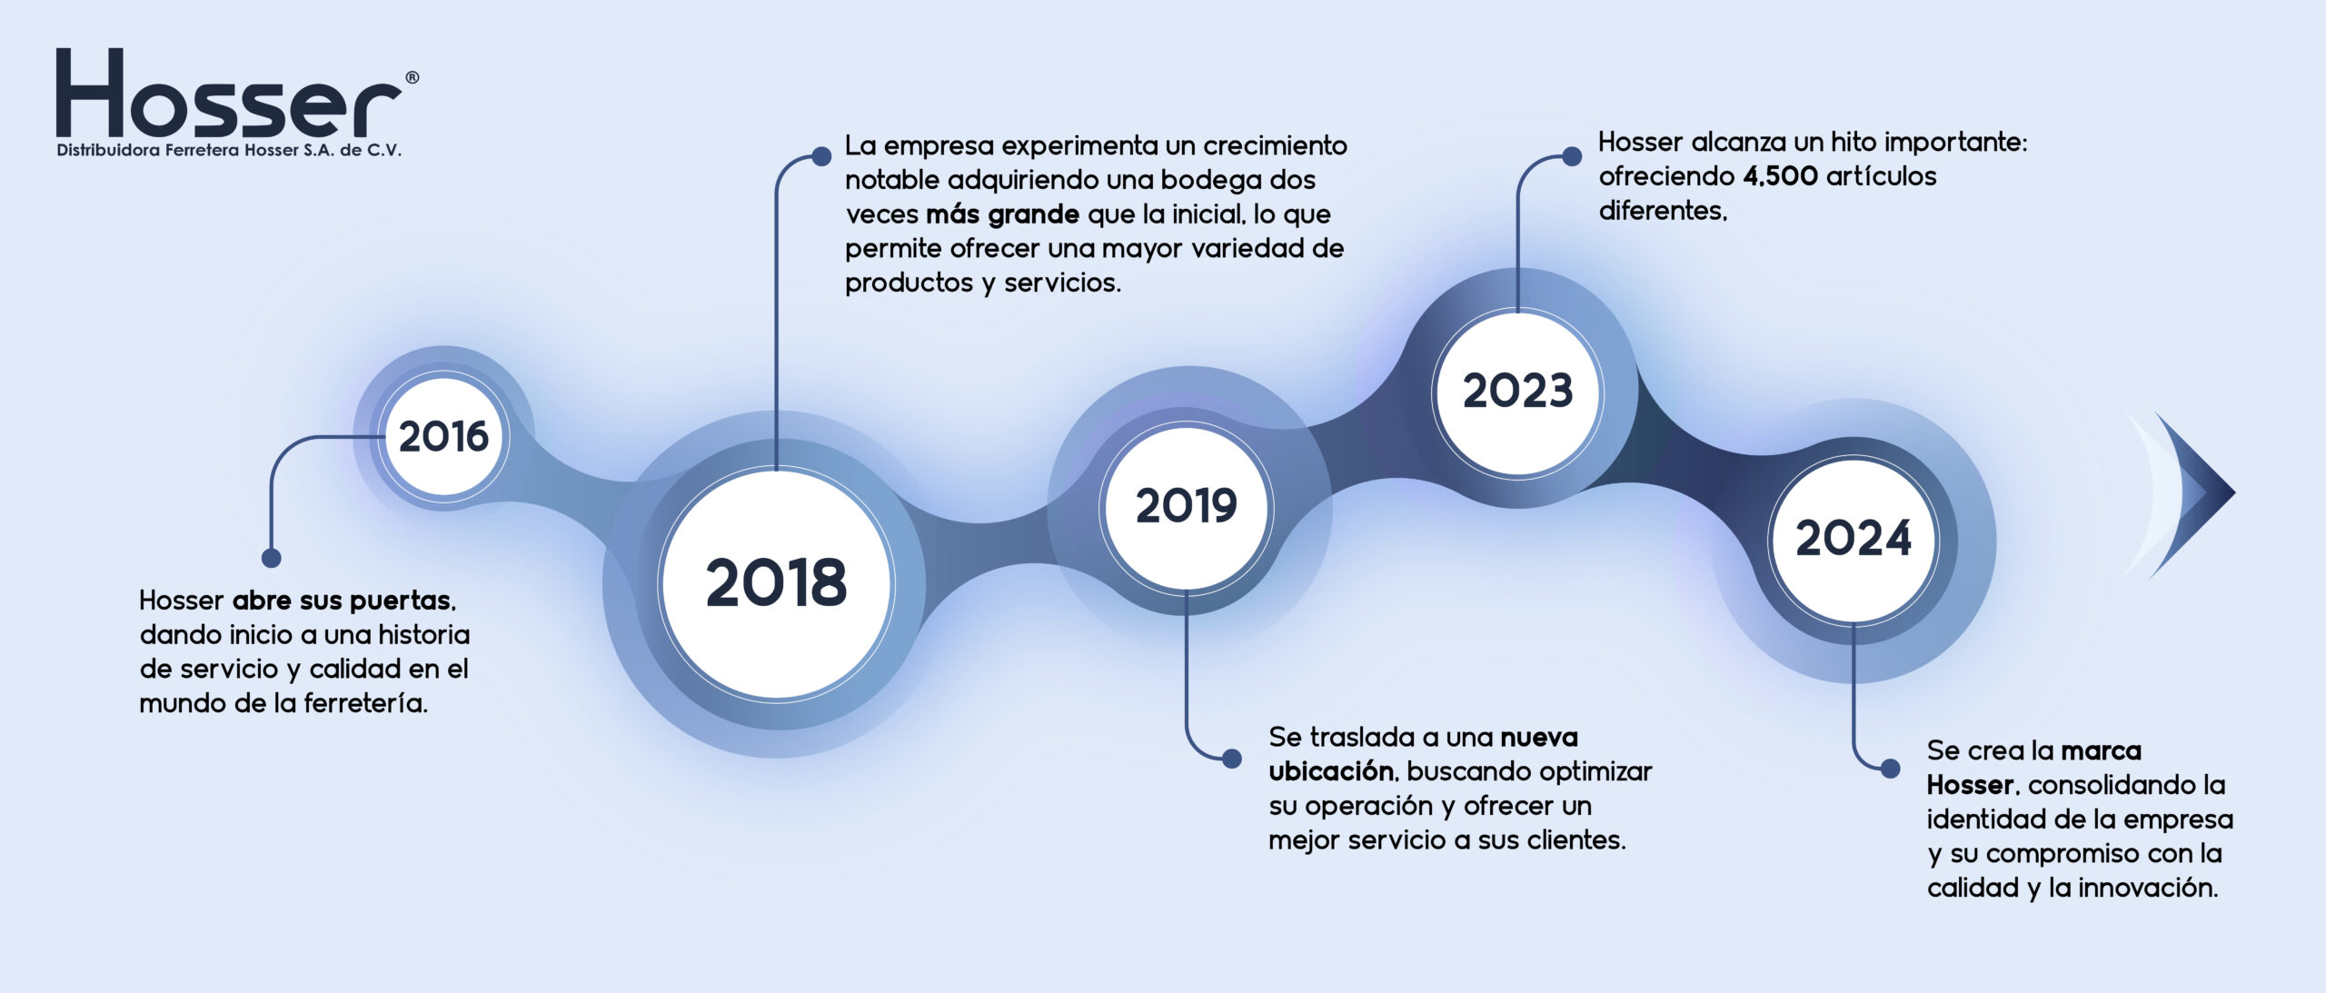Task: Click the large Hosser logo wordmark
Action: click(x=228, y=93)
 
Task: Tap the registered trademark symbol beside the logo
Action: click(x=412, y=78)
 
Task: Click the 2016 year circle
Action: click(x=443, y=436)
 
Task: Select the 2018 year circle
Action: click(x=777, y=583)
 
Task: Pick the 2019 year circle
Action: click(x=1186, y=506)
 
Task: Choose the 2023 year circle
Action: click(x=1517, y=392)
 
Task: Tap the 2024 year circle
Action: click(x=1854, y=540)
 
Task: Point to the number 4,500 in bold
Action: click(x=1781, y=177)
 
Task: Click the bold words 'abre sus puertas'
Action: click(x=343, y=601)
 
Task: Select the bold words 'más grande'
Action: click(x=1002, y=214)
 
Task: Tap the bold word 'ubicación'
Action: click(x=1331, y=771)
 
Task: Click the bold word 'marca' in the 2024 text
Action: click(x=2101, y=751)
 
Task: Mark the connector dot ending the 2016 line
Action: click(x=271, y=558)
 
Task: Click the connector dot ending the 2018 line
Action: click(x=821, y=156)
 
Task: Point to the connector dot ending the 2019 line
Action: click(x=1232, y=759)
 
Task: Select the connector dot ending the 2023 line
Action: click(x=1572, y=157)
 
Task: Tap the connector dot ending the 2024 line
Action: click(x=1890, y=770)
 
